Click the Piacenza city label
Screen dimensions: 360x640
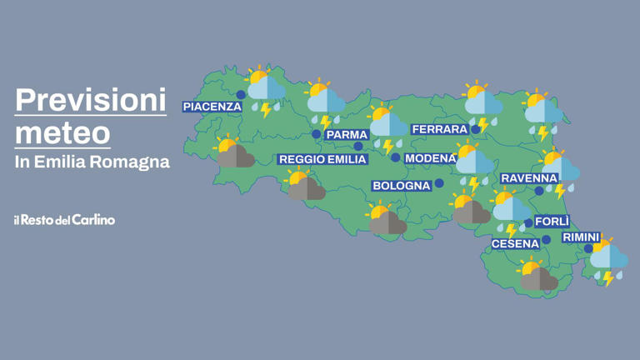tap(212, 107)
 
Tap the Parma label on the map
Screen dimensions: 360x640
tap(347, 135)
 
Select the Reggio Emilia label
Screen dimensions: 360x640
tap(322, 159)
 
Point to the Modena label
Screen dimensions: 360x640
tap(430, 158)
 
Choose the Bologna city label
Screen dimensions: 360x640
tap(401, 186)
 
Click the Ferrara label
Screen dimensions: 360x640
tap(439, 130)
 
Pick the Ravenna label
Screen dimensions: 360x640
tap(529, 178)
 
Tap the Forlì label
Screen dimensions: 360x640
tap(552, 222)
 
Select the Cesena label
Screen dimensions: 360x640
tap(515, 244)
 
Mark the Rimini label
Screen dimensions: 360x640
tap(581, 237)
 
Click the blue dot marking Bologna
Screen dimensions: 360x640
tap(439, 183)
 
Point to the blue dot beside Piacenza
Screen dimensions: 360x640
tap(241, 95)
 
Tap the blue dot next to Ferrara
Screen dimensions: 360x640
tap(476, 129)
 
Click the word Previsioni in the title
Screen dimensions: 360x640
tap(91, 102)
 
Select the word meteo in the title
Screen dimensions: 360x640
tap(62, 132)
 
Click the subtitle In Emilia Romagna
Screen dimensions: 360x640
tap(92, 162)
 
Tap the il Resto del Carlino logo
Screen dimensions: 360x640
tap(64, 220)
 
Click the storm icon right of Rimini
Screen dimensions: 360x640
tap(609, 262)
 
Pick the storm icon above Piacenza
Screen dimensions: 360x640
tap(265, 91)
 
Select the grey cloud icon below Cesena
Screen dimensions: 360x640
tap(537, 277)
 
